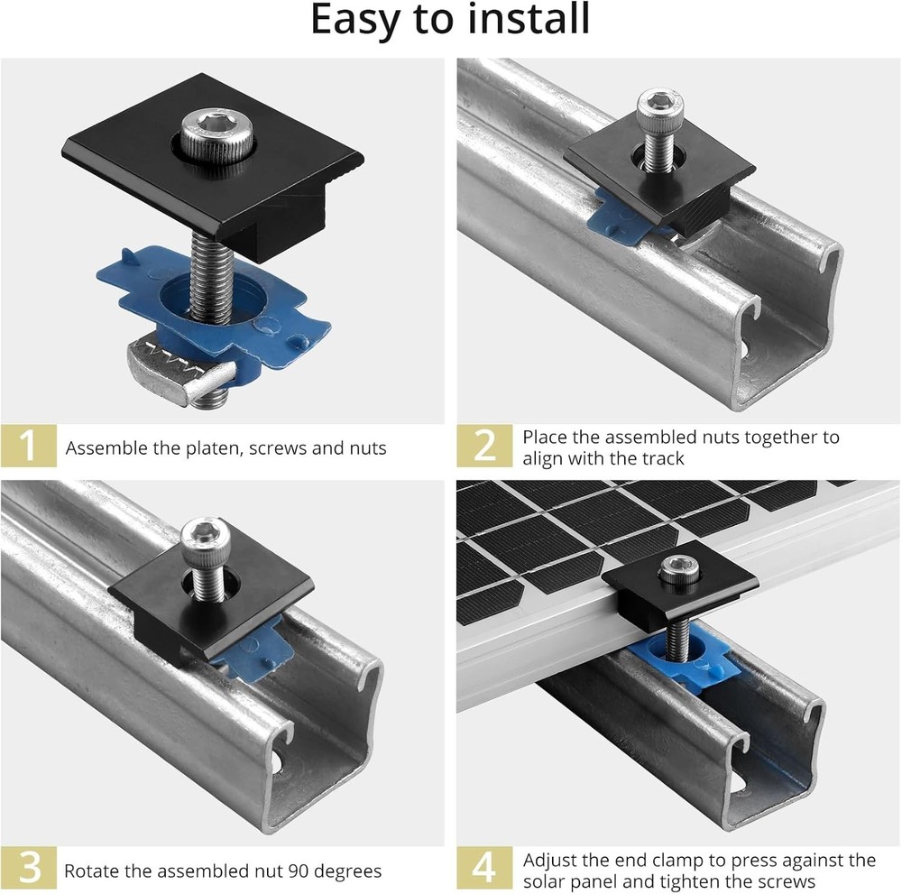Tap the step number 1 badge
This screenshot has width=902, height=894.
[29, 446]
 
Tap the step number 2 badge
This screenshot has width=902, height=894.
[484, 446]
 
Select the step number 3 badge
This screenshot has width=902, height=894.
[29, 869]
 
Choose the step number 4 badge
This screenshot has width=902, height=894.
[484, 869]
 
